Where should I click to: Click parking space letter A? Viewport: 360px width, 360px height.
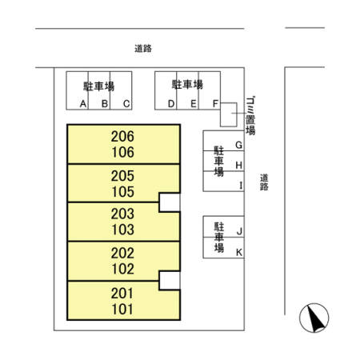pyautogui.click(x=84, y=103)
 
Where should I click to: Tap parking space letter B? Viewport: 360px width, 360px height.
pyautogui.click(x=105, y=103)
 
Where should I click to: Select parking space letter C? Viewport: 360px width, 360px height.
pyautogui.click(x=126, y=103)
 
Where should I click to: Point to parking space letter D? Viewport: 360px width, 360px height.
pyautogui.click(x=171, y=103)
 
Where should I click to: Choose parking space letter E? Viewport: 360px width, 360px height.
pyautogui.click(x=193, y=103)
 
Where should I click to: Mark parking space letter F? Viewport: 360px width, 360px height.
pyautogui.click(x=215, y=103)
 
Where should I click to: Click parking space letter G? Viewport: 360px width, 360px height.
pyautogui.click(x=239, y=145)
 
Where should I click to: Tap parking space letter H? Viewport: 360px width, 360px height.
pyautogui.click(x=239, y=165)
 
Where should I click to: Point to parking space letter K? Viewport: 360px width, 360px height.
pyautogui.click(x=239, y=252)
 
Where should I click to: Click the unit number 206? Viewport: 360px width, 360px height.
pyautogui.click(x=123, y=137)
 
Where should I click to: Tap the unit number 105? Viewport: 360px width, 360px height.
pyautogui.click(x=123, y=192)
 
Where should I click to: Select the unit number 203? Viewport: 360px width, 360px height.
pyautogui.click(x=123, y=214)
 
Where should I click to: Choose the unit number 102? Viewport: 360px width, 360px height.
pyautogui.click(x=123, y=270)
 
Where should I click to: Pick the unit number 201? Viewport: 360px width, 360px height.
pyautogui.click(x=123, y=292)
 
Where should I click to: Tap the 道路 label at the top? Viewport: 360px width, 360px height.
pyautogui.click(x=143, y=48)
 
